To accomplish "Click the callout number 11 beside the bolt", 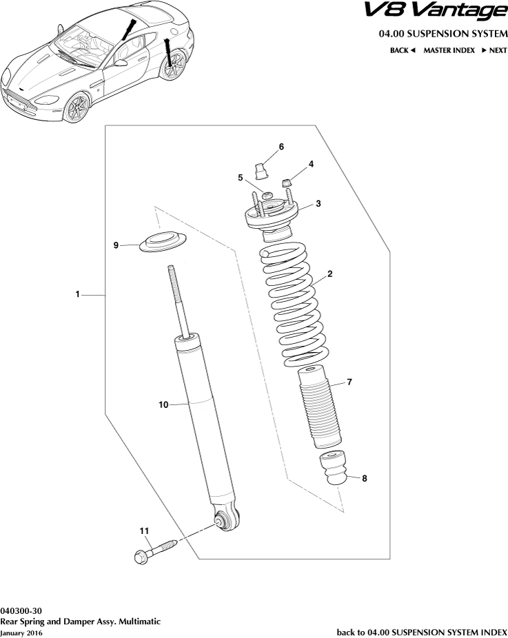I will tap(144, 531).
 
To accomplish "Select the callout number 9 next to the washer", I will tap(116, 245).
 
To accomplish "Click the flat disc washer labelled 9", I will tap(163, 243).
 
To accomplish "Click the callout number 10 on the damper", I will tap(164, 405).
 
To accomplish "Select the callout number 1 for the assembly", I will tap(79, 295).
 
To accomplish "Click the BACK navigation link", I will tap(402, 50).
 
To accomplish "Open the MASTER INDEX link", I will tap(449, 50).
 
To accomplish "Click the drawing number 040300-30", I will tap(21, 610).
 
